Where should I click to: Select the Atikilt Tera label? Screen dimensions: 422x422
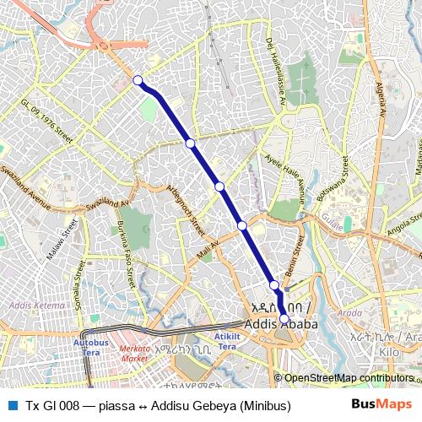(x=227, y=342)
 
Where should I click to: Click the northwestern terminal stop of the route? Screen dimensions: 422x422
(x=138, y=80)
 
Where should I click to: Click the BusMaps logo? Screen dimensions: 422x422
(x=381, y=405)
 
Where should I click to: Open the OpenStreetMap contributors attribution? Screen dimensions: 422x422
(x=348, y=378)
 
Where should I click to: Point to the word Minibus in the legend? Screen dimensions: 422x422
(x=264, y=406)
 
